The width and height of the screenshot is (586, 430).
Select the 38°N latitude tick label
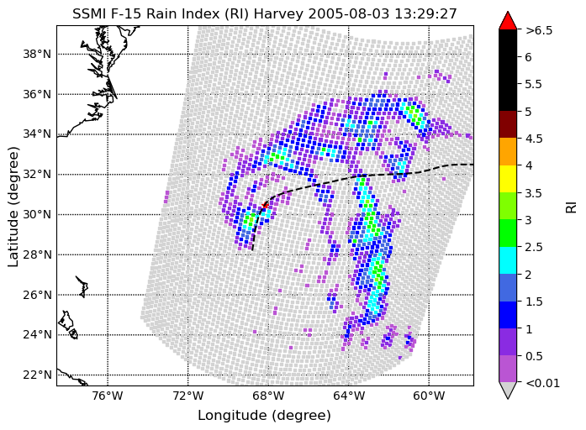click(37, 54)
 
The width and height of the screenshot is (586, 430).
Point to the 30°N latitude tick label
click(37, 215)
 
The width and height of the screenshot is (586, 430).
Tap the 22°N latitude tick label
click(37, 375)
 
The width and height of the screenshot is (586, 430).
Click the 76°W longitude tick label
click(108, 396)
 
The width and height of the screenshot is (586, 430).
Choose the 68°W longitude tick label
click(268, 396)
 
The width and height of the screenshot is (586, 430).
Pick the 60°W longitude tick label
click(429, 396)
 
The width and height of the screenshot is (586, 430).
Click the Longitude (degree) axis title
click(264, 415)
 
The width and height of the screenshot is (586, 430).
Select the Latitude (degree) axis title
click(13, 207)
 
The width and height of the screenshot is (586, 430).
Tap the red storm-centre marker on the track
click(266, 205)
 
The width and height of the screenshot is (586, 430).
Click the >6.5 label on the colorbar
click(539, 30)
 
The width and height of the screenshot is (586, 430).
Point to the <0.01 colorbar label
click(542, 383)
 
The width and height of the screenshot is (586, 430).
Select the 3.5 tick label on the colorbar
click(534, 193)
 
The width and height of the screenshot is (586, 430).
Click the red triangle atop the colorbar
click(508, 20)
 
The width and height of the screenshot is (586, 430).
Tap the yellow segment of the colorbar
click(508, 179)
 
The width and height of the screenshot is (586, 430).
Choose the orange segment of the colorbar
click(508, 151)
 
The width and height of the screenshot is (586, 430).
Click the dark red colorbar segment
click(508, 124)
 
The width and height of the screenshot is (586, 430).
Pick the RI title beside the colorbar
click(571, 207)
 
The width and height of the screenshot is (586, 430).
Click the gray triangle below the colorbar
click(508, 390)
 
